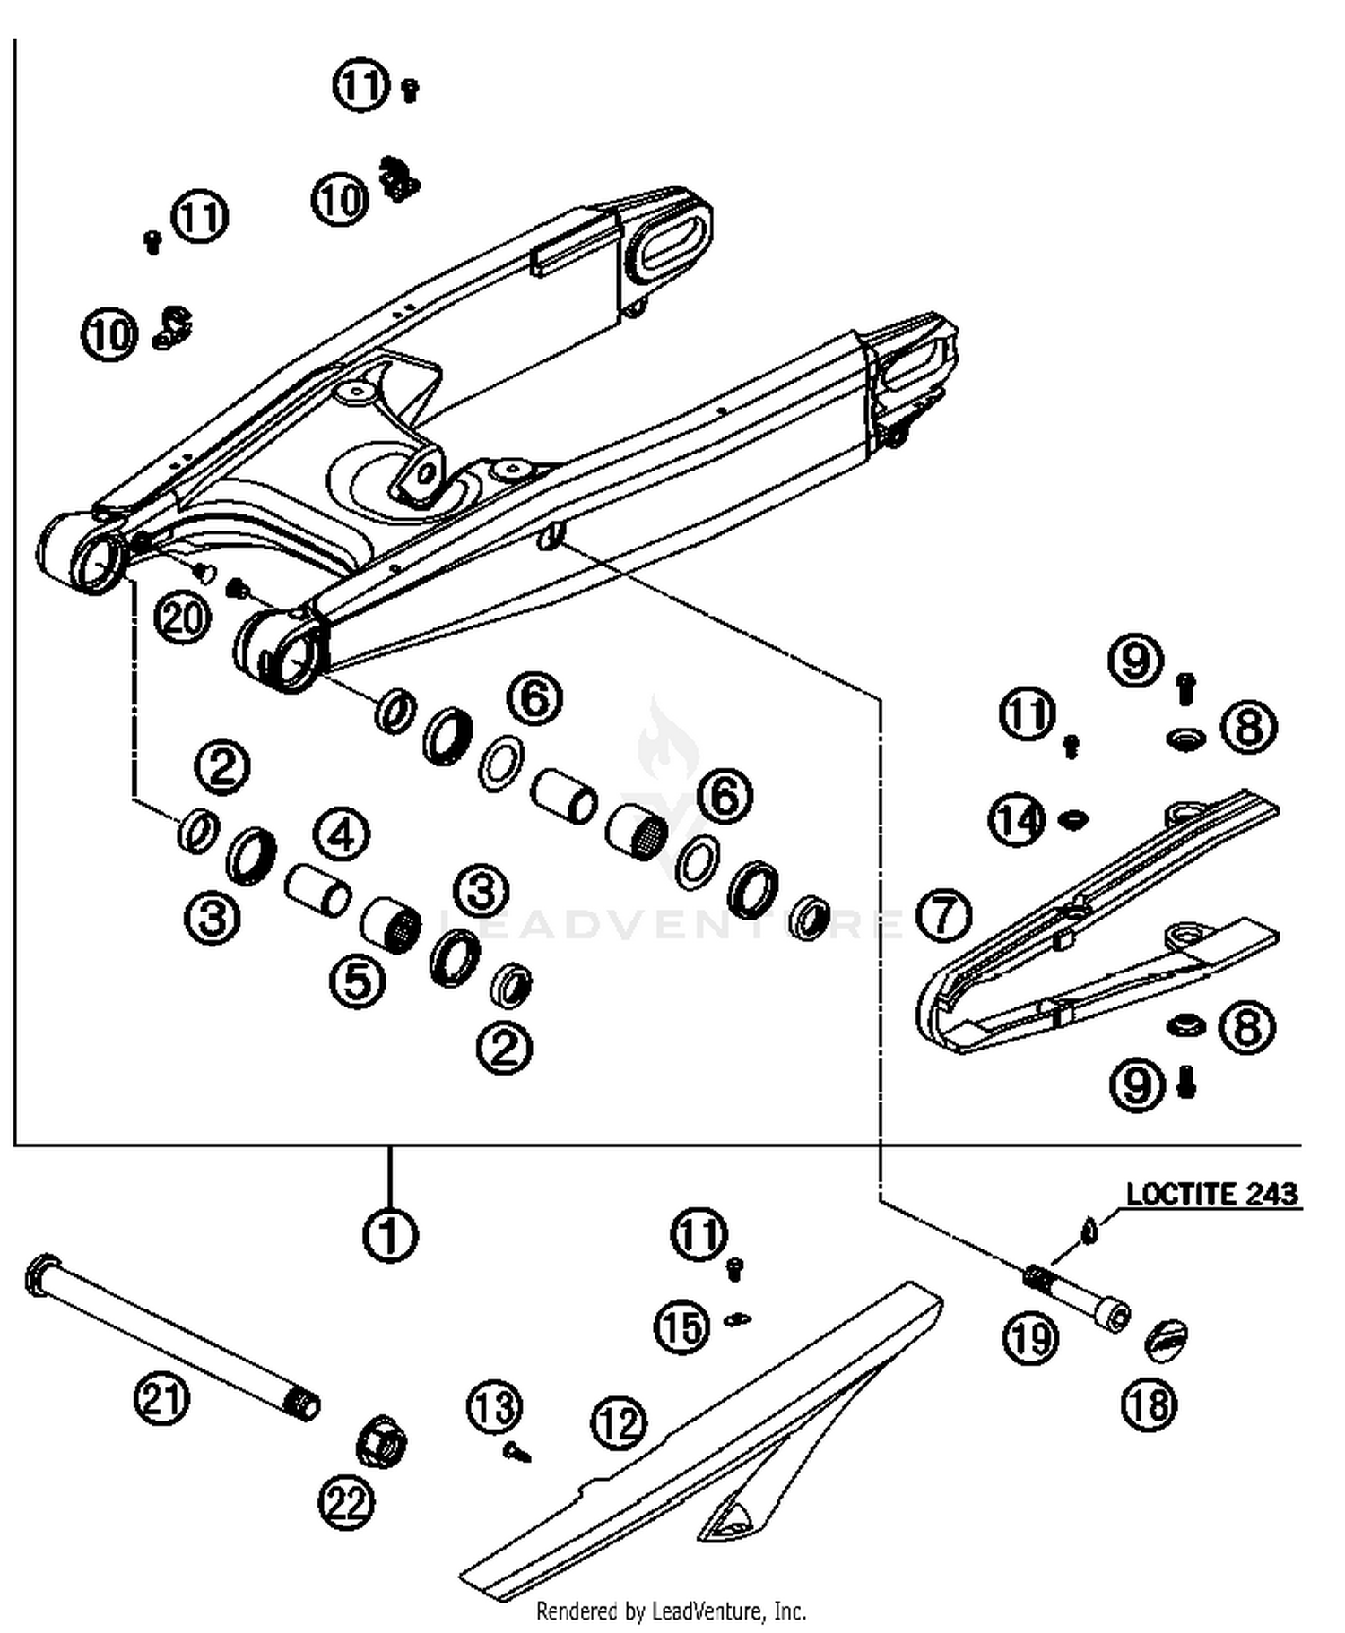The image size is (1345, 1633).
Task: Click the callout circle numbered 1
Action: pyautogui.click(x=390, y=1236)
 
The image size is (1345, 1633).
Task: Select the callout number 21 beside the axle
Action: pyautogui.click(x=162, y=1398)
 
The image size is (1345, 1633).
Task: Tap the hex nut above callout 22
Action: pyautogui.click(x=381, y=1442)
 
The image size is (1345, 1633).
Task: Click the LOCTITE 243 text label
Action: pyautogui.click(x=1211, y=1195)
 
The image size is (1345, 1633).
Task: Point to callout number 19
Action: pyautogui.click(x=1030, y=1339)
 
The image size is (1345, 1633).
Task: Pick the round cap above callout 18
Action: pyautogui.click(x=1167, y=1340)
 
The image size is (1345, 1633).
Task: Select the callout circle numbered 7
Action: pyautogui.click(x=944, y=915)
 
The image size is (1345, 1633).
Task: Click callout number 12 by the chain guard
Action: pyautogui.click(x=619, y=1422)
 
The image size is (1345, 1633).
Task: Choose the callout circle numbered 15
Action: pyautogui.click(x=682, y=1327)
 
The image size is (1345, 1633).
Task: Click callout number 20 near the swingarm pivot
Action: pyautogui.click(x=183, y=618)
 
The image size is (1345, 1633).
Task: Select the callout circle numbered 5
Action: pyautogui.click(x=358, y=981)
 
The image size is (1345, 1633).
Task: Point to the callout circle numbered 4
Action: pyautogui.click(x=342, y=835)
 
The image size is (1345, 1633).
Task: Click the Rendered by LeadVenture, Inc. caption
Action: pyautogui.click(x=671, y=1611)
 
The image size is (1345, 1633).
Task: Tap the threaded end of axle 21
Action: pyautogui.click(x=303, y=1404)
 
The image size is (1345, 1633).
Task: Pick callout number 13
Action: pyautogui.click(x=495, y=1408)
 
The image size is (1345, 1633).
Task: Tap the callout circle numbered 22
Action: pyautogui.click(x=347, y=1502)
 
